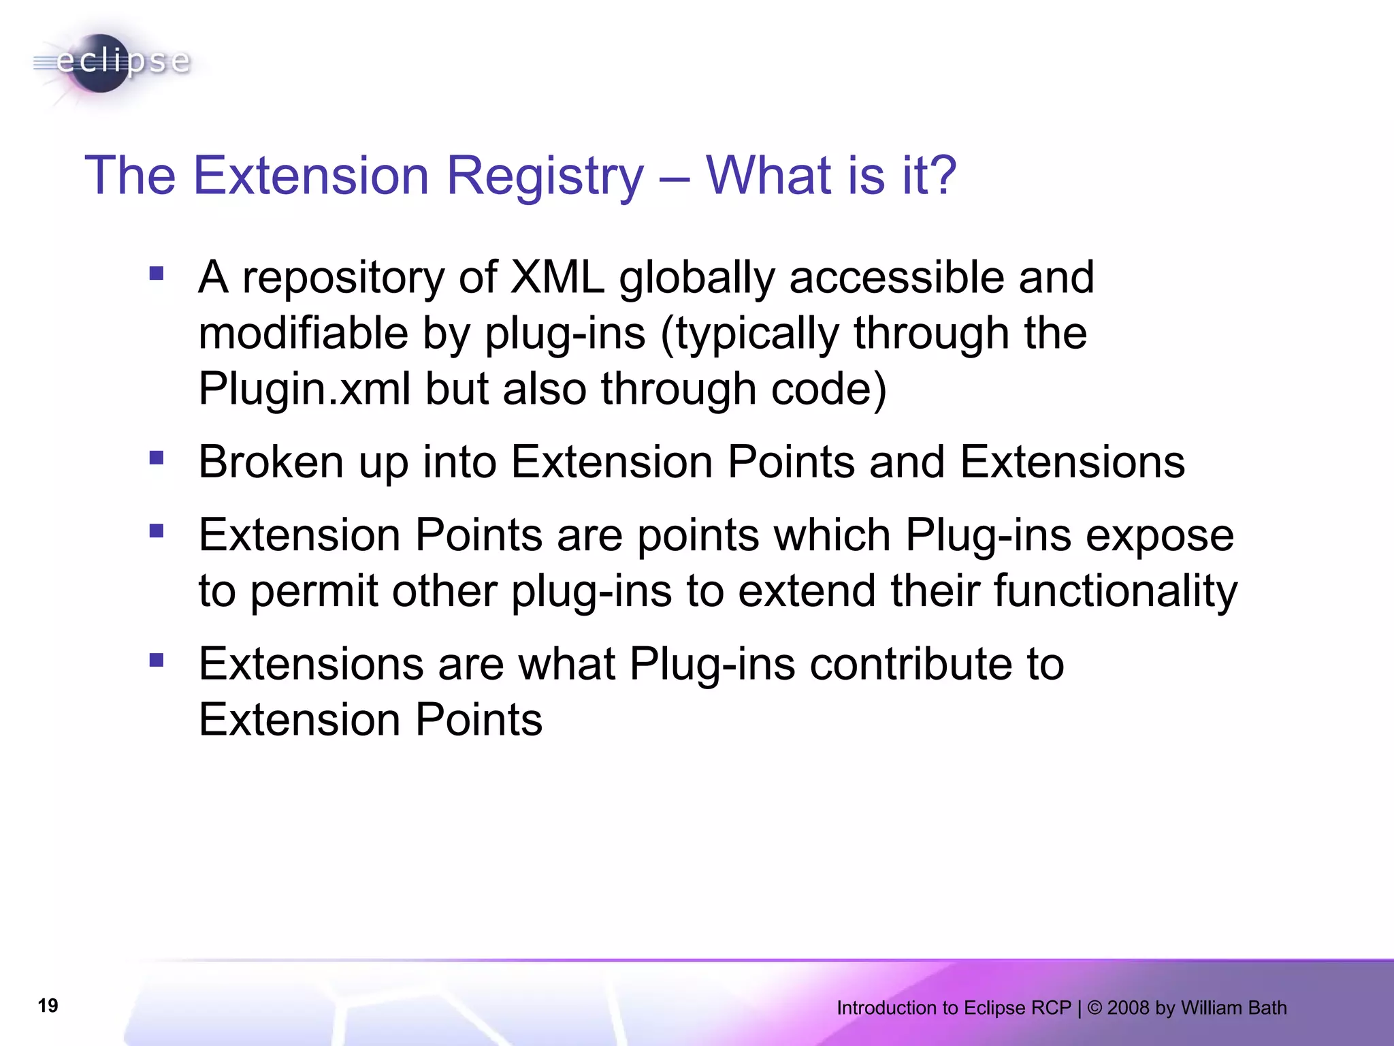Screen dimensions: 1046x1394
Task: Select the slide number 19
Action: pos(48,1006)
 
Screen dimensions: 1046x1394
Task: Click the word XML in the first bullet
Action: pos(557,277)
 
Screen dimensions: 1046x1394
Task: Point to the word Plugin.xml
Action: pos(304,389)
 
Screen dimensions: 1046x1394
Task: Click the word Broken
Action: pos(271,462)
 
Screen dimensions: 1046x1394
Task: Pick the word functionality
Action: pos(1116,590)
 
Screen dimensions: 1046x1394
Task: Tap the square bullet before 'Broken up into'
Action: pos(157,458)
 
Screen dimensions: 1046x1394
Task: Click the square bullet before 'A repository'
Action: pos(157,273)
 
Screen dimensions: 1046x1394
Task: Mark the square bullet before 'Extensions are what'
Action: pos(157,660)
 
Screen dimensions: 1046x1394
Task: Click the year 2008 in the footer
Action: pos(1128,1008)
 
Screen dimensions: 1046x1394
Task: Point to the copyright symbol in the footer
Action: pos(1095,1008)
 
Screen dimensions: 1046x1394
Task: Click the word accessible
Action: pos(896,277)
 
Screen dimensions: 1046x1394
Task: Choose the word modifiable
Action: pos(303,333)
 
